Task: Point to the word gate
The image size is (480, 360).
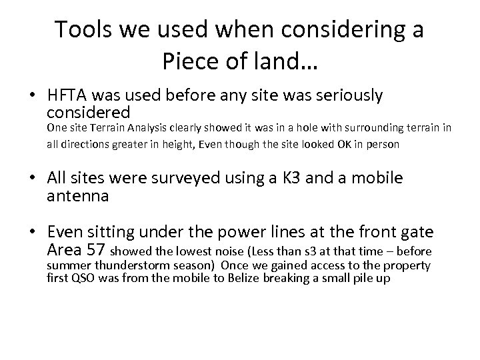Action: click(x=419, y=233)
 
